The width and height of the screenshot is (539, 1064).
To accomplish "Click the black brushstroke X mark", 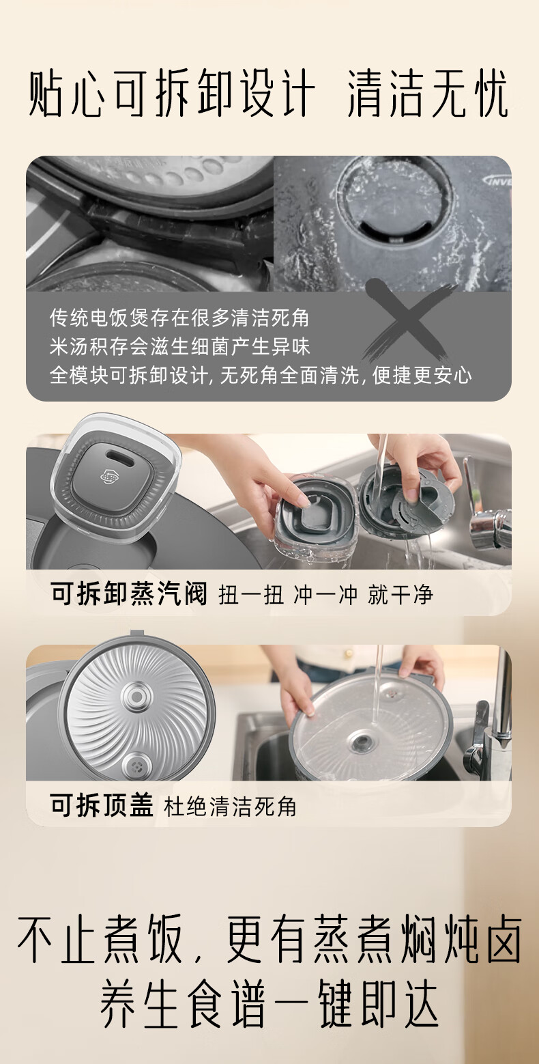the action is (x=407, y=321).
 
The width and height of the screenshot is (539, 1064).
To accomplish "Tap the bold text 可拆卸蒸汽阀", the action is (x=129, y=593).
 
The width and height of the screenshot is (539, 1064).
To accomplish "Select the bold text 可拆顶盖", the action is (x=102, y=805).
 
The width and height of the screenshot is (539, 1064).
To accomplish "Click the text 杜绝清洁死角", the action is (x=230, y=807).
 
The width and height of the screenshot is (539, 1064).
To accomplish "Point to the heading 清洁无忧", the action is (x=428, y=93).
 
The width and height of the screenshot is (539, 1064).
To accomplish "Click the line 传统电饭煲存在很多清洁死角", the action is (x=179, y=318).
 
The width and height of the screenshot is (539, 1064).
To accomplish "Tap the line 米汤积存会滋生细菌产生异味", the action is (x=180, y=346).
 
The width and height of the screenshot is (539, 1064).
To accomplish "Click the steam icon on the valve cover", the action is (x=111, y=475).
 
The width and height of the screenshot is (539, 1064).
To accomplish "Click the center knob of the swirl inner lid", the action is (x=136, y=697).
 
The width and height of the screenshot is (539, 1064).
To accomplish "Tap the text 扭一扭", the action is (x=251, y=595).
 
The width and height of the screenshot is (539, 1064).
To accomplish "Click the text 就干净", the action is (x=400, y=595).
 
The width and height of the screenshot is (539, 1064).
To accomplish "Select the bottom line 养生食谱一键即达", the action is (x=269, y=1003).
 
